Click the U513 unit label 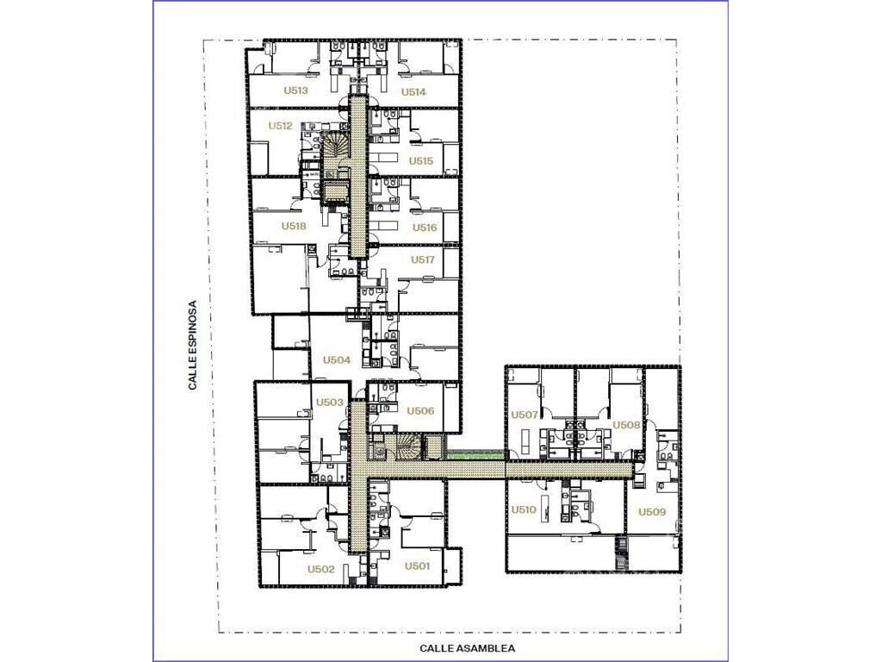295,90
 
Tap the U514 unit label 413,91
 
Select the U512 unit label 280,126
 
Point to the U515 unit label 420,160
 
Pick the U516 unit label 425,228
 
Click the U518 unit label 294,226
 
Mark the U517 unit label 422,259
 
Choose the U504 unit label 337,359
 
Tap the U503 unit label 329,402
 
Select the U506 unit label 420,410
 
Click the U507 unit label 525,415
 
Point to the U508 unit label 626,425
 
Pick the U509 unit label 652,512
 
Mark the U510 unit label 523,509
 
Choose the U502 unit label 320,569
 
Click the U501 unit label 418,565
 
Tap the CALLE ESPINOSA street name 193,346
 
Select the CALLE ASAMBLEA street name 468,648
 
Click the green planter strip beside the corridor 475,453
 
